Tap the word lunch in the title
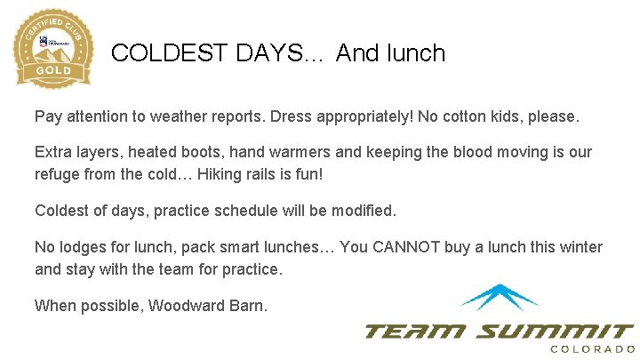[415, 53]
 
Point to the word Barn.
[248, 306]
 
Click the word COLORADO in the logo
[592, 349]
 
